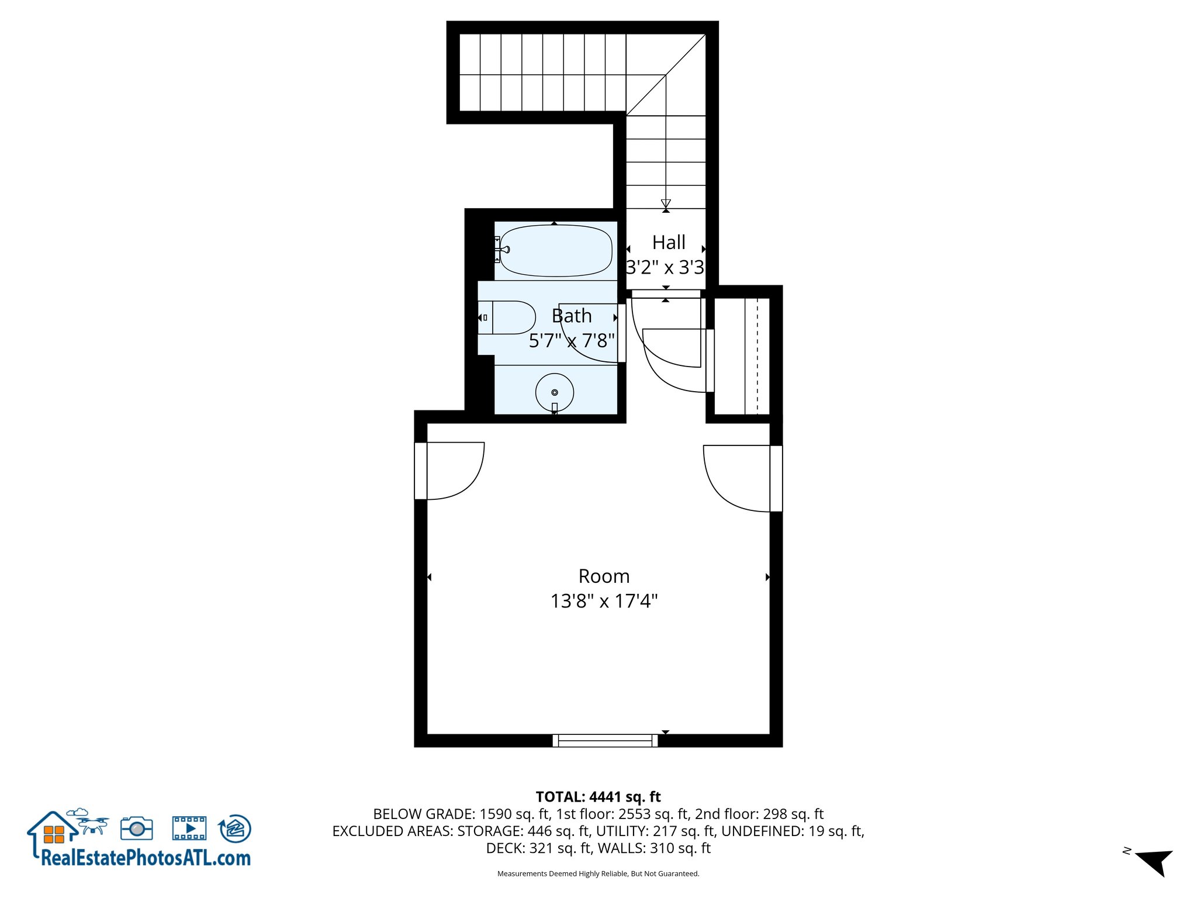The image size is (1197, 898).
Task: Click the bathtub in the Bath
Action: [556, 250]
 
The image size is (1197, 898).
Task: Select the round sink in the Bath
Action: [554, 392]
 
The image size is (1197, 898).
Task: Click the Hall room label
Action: [669, 242]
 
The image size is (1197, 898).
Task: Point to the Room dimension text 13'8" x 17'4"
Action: [604, 601]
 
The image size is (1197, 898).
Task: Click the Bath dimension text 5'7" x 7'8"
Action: [572, 340]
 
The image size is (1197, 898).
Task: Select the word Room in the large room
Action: [604, 576]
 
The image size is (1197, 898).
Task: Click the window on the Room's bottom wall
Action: [605, 741]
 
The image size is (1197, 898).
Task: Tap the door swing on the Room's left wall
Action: [453, 470]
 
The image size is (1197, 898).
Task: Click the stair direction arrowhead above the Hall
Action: [666, 203]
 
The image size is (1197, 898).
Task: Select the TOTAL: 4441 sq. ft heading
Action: [598, 797]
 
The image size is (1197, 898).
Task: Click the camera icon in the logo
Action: [137, 828]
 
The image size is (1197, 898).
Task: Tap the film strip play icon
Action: [189, 828]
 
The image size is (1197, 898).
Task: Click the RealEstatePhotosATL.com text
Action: [146, 858]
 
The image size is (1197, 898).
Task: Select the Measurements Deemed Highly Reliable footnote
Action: [598, 873]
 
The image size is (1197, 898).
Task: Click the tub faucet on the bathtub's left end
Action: [503, 250]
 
